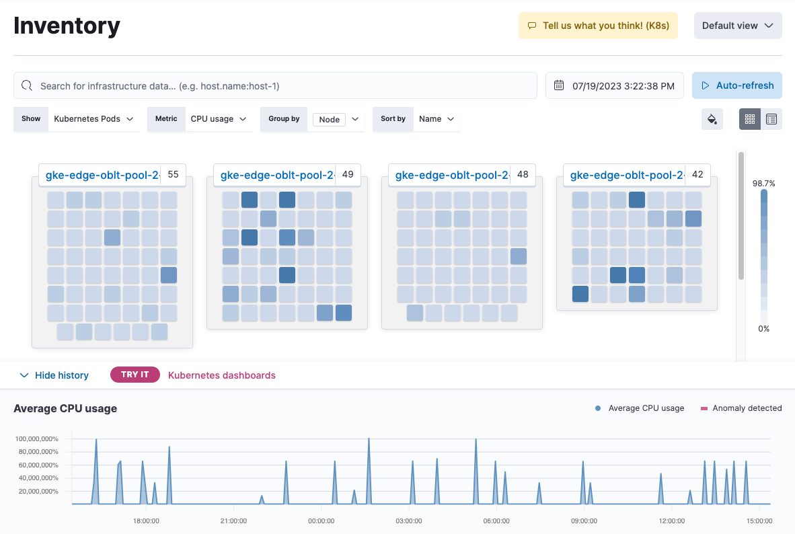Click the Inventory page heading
coord(67,26)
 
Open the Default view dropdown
coord(738,26)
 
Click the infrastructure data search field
coord(276,86)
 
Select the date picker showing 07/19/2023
coord(614,86)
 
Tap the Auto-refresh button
coord(737,86)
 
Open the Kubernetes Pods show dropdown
coord(93,119)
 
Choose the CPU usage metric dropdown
coord(218,119)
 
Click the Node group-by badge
coord(329,120)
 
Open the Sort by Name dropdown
coord(437,119)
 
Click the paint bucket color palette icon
coord(712,119)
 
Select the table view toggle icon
coord(771,119)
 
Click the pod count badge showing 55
coord(173,174)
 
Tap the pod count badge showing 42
coord(697,174)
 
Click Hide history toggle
coord(54,375)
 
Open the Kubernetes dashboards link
coord(221,375)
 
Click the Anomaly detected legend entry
coord(741,408)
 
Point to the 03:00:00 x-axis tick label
coord(409,521)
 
